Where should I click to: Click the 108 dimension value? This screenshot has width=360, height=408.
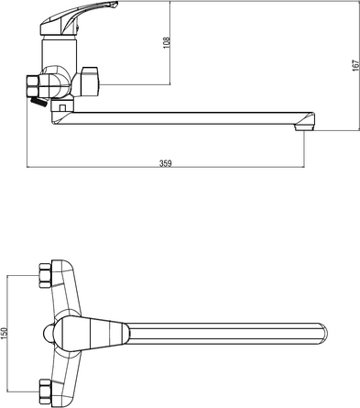(x=166, y=43)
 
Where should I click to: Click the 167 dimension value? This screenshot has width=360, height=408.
(x=355, y=66)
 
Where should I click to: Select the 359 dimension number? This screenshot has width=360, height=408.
(x=166, y=163)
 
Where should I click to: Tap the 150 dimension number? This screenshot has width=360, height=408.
(x=4, y=334)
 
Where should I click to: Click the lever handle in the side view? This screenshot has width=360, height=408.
(x=79, y=17)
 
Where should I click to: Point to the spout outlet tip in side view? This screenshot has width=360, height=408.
(x=304, y=127)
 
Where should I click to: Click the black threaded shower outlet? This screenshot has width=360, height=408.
(x=38, y=102)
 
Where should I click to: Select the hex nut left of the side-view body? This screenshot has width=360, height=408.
(x=32, y=87)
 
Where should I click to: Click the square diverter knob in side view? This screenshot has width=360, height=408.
(x=91, y=81)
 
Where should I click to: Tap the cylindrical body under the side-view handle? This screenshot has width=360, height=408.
(x=59, y=52)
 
